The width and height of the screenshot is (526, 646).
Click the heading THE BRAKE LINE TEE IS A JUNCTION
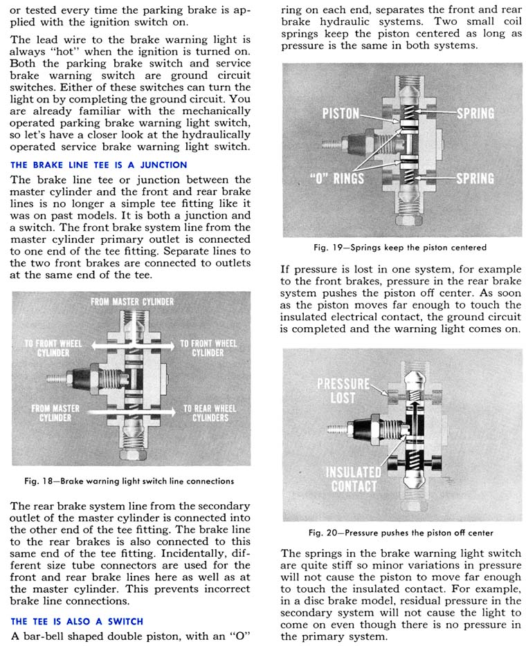pyautogui.click(x=99, y=165)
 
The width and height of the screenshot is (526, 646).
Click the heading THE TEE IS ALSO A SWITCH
pyautogui.click(x=76, y=620)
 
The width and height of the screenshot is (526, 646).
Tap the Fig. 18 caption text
pyautogui.click(x=130, y=481)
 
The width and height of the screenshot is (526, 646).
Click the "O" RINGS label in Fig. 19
pyautogui.click(x=338, y=178)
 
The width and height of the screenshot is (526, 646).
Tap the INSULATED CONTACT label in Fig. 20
pyautogui.click(x=353, y=479)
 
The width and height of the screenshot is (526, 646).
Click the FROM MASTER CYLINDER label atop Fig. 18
pyautogui.click(x=132, y=302)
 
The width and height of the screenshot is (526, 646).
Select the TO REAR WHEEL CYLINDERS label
pyautogui.click(x=210, y=413)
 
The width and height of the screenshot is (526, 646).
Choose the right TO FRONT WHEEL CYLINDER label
pyautogui.click(x=208, y=348)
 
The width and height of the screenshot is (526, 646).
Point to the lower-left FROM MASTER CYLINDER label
pyautogui.click(x=55, y=413)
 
